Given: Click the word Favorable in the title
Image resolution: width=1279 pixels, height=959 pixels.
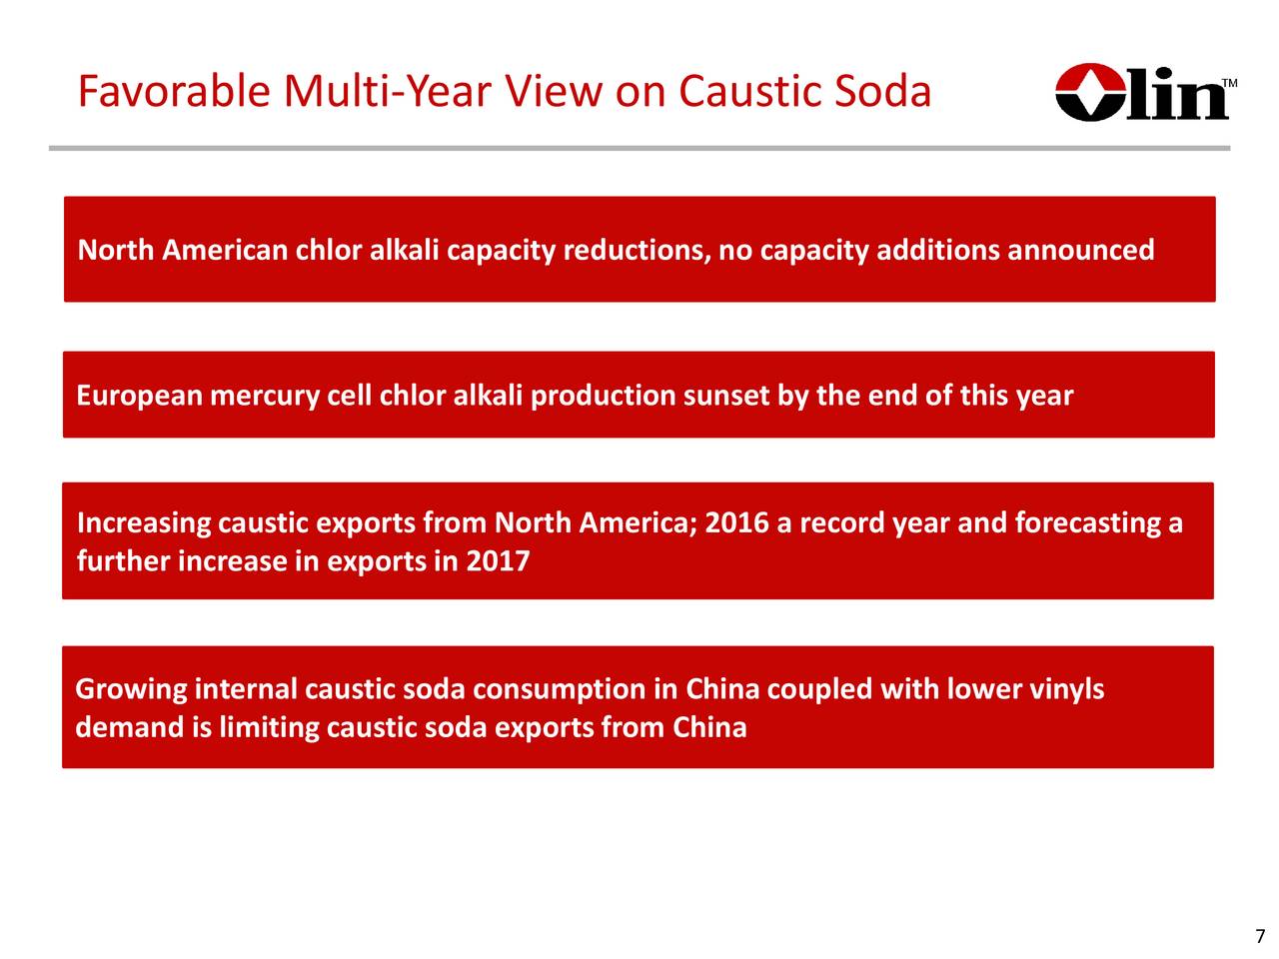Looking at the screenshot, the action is (174, 91).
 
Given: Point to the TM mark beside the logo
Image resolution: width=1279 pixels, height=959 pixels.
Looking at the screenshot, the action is (1229, 83).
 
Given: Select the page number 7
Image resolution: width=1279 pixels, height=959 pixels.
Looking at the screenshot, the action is (1260, 936).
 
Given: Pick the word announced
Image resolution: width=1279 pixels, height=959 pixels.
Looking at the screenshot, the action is (1080, 250).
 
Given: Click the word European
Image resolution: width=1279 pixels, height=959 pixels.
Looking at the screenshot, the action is (139, 396).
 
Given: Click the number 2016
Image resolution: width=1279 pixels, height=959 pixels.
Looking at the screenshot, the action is (736, 522).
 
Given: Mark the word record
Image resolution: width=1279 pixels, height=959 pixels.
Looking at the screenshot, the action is (842, 522).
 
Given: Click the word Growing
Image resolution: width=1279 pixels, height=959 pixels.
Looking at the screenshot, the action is (131, 689).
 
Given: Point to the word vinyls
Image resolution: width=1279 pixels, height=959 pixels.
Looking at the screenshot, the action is (1066, 690).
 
